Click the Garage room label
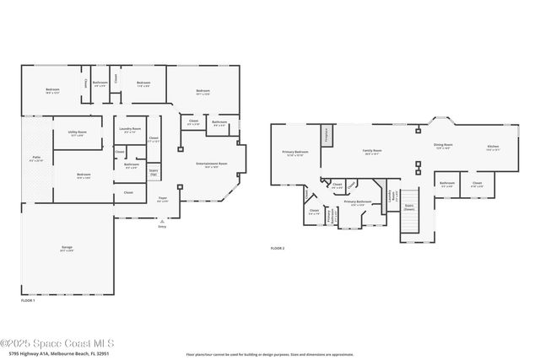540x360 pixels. (x=67, y=248)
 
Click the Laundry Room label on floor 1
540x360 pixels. (x=131, y=130)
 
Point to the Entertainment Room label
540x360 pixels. (x=207, y=164)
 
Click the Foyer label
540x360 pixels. (x=163, y=200)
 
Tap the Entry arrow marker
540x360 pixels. (x=162, y=220)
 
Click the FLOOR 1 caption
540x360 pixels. (x=27, y=299)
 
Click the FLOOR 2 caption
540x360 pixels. (x=278, y=249)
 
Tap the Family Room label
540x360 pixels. (x=371, y=152)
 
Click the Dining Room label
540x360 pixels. (x=443, y=147)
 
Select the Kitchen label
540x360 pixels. (x=493, y=148)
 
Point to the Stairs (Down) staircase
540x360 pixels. (x=409, y=221)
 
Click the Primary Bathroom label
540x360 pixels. (x=358, y=202)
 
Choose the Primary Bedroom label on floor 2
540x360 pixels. (x=294, y=153)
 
